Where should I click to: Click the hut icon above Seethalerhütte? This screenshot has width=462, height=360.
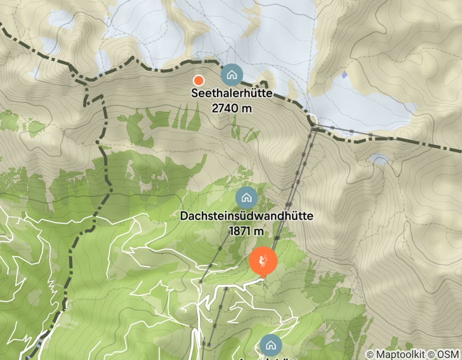(232, 75)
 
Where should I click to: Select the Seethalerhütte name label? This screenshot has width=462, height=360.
(232, 94)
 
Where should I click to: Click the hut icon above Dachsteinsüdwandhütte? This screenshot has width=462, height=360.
(246, 197)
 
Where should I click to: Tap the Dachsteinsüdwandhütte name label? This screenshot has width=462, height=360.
(246, 217)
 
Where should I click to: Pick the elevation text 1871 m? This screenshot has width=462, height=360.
(246, 231)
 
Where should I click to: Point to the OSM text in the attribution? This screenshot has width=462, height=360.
(448, 354)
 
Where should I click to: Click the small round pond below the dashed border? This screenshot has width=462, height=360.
(380, 160)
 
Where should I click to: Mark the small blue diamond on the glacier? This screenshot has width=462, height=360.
(344, 75)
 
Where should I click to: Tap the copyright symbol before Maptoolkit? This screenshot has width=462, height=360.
(370, 354)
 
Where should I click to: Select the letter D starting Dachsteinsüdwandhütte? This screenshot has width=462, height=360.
(184, 217)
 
